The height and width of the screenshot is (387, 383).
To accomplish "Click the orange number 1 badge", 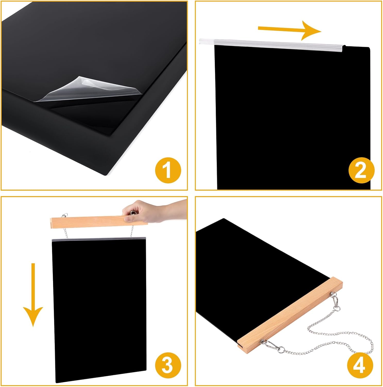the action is (x=168, y=170).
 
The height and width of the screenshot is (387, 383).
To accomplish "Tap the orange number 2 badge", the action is (x=361, y=170).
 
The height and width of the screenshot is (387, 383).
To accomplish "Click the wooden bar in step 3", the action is (x=99, y=222).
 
